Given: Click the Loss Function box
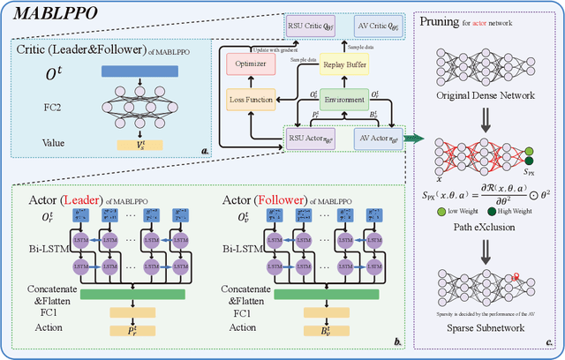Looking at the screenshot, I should click(251, 101).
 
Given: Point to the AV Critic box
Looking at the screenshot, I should click(372, 26).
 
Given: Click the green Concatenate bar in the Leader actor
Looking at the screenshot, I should click(132, 293).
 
